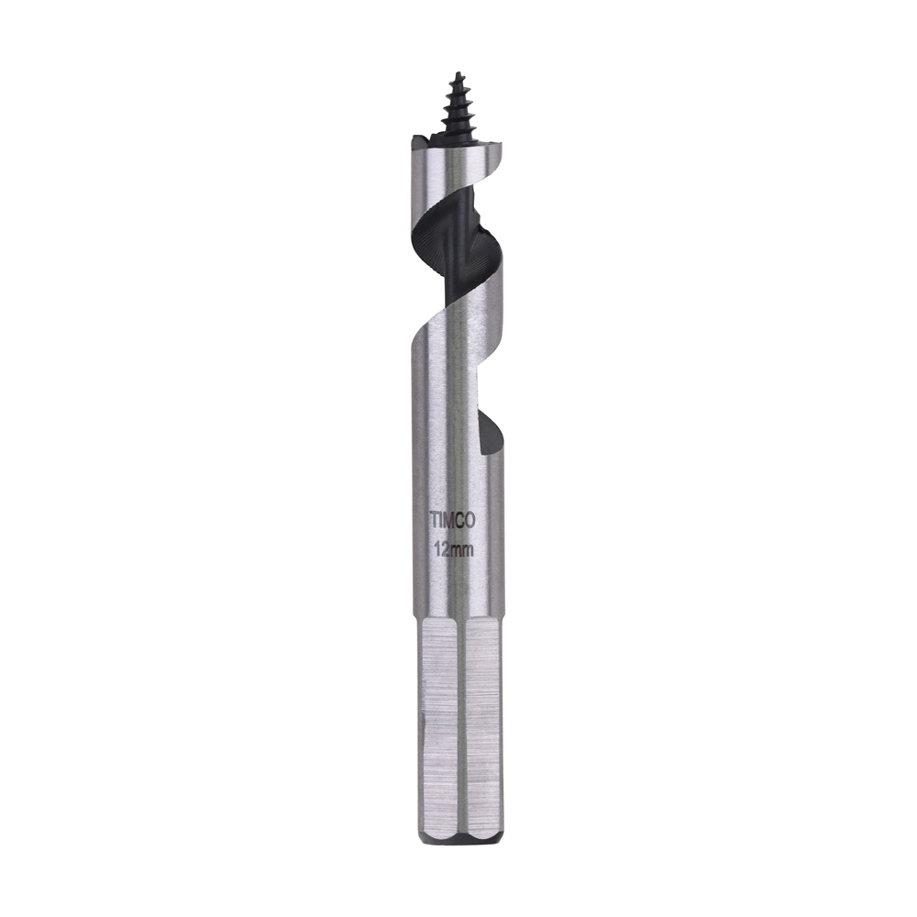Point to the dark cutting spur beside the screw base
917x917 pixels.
[x=419, y=140]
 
